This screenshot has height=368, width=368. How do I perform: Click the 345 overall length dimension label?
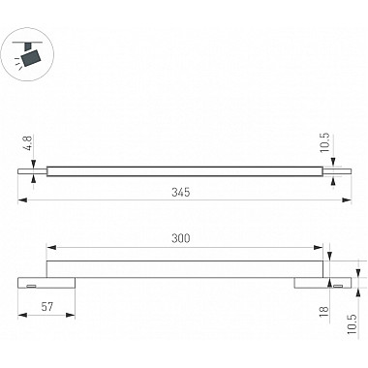click(181, 193)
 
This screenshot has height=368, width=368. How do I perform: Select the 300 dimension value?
click(181, 238)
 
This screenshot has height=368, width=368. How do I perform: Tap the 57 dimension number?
click(47, 306)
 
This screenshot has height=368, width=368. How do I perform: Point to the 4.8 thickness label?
click(28, 143)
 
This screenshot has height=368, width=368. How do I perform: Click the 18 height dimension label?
click(324, 311)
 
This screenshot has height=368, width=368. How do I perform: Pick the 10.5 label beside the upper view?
click(325, 142)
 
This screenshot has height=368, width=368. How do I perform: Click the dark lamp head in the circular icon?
click(31, 58)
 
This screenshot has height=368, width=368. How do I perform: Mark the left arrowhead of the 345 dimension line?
click(22, 200)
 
